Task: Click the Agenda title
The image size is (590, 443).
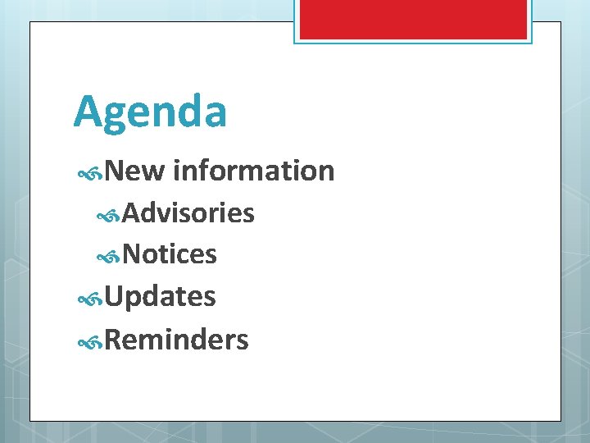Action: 150,112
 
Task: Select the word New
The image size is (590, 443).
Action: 135,171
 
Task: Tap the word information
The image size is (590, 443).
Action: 254,171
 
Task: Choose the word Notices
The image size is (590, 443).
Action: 170,255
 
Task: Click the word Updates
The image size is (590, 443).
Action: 160,296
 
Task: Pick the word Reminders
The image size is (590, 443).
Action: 176,339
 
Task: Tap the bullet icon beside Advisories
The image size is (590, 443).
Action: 109,215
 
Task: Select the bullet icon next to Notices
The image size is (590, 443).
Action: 109,257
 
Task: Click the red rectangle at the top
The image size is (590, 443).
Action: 413,18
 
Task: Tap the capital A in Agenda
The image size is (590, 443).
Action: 88,112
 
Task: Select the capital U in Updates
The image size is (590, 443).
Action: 115,296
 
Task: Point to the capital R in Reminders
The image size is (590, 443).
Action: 114,339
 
